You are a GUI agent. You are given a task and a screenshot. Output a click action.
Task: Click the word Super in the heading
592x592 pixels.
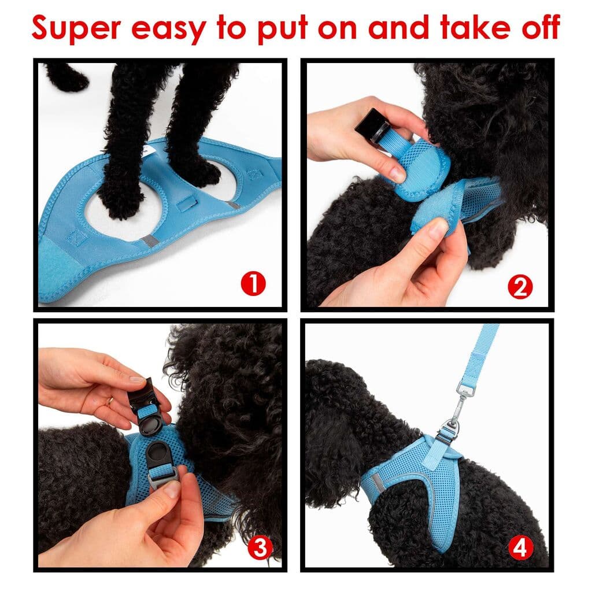pyautogui.click(x=76, y=27)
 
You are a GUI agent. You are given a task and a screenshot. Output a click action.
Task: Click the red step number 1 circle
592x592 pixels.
pyautogui.click(x=253, y=284)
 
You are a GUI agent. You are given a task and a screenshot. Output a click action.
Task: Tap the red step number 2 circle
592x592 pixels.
pyautogui.click(x=520, y=287)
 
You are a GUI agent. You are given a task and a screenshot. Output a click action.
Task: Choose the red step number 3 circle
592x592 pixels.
pyautogui.click(x=260, y=547)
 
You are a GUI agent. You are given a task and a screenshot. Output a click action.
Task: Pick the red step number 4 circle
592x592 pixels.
pyautogui.click(x=520, y=547)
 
